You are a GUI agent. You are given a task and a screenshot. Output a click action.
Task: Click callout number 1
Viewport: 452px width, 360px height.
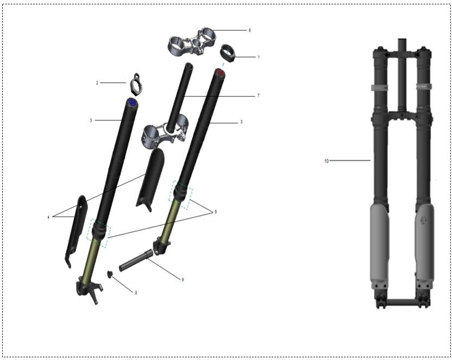[x=258, y=57]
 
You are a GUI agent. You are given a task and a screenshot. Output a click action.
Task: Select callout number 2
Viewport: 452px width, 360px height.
[x=97, y=83]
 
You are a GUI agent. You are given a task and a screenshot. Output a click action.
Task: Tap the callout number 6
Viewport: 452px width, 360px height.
[x=250, y=30]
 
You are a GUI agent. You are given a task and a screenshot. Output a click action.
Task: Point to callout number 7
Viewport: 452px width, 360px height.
[x=258, y=96]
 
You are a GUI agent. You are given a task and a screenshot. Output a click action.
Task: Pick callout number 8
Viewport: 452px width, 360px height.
[x=136, y=293]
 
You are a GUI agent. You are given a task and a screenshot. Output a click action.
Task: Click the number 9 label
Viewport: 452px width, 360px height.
[x=183, y=279]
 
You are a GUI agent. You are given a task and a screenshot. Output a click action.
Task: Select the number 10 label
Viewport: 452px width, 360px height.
[x=327, y=161]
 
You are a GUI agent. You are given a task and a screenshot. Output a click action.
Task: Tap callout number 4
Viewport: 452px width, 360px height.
[x=48, y=217]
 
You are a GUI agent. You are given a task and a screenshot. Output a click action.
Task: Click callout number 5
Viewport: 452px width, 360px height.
[x=216, y=212]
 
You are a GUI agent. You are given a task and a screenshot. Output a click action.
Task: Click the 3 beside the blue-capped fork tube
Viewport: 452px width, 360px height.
[x=91, y=121]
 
